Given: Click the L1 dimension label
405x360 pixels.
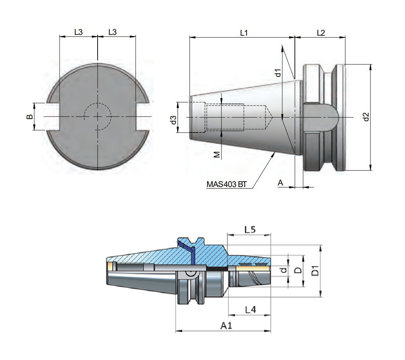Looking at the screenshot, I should [x=243, y=33].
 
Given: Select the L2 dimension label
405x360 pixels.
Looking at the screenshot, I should [x=320, y=33].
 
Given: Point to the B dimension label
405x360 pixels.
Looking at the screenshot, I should [x=29, y=117].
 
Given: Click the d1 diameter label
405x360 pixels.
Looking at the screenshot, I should [x=277, y=73].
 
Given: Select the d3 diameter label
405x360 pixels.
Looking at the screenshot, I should [x=173, y=120].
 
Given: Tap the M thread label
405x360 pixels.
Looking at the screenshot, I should [x=216, y=155].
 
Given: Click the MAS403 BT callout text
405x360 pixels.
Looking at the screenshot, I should [x=225, y=184].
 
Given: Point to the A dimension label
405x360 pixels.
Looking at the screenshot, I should [x=280, y=182].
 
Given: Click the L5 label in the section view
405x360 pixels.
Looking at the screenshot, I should [x=250, y=230].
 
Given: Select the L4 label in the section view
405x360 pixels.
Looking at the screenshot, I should [x=250, y=309].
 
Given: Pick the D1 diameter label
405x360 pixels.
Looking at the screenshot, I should [x=314, y=271].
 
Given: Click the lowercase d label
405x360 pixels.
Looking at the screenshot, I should [x=284, y=270].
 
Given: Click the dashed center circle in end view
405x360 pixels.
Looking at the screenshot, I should [x=97, y=117].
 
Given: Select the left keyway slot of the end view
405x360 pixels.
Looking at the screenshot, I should [x=53, y=117].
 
